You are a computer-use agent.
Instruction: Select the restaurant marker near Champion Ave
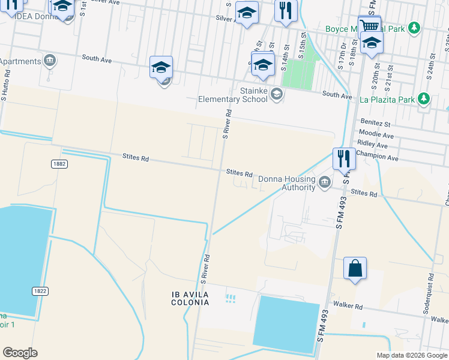[x=343, y=158]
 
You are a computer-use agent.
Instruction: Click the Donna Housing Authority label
[x=286, y=183]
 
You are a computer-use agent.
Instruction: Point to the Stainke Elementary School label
[x=233, y=95]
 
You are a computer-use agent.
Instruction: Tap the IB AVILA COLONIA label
[x=190, y=298]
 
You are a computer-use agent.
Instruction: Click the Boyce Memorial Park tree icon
[x=414, y=28]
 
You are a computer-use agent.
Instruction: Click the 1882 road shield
[x=59, y=164]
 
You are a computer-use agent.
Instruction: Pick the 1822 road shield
[x=40, y=291]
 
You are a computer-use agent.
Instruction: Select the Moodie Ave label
[x=376, y=135]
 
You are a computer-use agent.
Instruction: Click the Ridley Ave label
[x=373, y=145]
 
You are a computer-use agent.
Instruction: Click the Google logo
[x=20, y=353]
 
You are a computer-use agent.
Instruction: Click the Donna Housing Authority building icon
[x=325, y=182]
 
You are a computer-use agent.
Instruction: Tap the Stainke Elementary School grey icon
[x=276, y=93]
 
